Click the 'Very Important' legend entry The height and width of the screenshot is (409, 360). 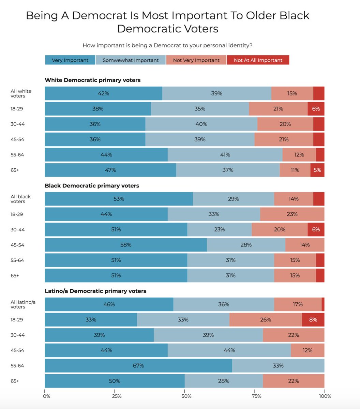70,60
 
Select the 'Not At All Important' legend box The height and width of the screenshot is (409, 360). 258,60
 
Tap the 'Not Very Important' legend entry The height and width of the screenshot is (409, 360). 196,60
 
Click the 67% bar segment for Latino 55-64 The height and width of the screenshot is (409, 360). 138,366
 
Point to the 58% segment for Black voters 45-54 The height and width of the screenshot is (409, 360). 126,245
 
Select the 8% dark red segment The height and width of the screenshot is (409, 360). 313,320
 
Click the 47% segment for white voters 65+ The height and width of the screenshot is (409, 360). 110,170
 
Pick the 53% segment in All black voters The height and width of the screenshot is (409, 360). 119,199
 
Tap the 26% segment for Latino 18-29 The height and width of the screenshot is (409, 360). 266,320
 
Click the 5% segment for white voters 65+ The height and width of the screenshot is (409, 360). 317,170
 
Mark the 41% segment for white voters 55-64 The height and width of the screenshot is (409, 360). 225,155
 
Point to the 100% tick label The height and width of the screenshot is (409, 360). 325,396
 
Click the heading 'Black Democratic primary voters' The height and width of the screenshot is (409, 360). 92,186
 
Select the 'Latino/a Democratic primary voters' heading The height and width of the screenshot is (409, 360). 95,291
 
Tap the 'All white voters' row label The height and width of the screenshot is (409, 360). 21,93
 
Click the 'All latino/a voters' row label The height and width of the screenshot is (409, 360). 23,304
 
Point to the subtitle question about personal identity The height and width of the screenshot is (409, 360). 167,45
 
